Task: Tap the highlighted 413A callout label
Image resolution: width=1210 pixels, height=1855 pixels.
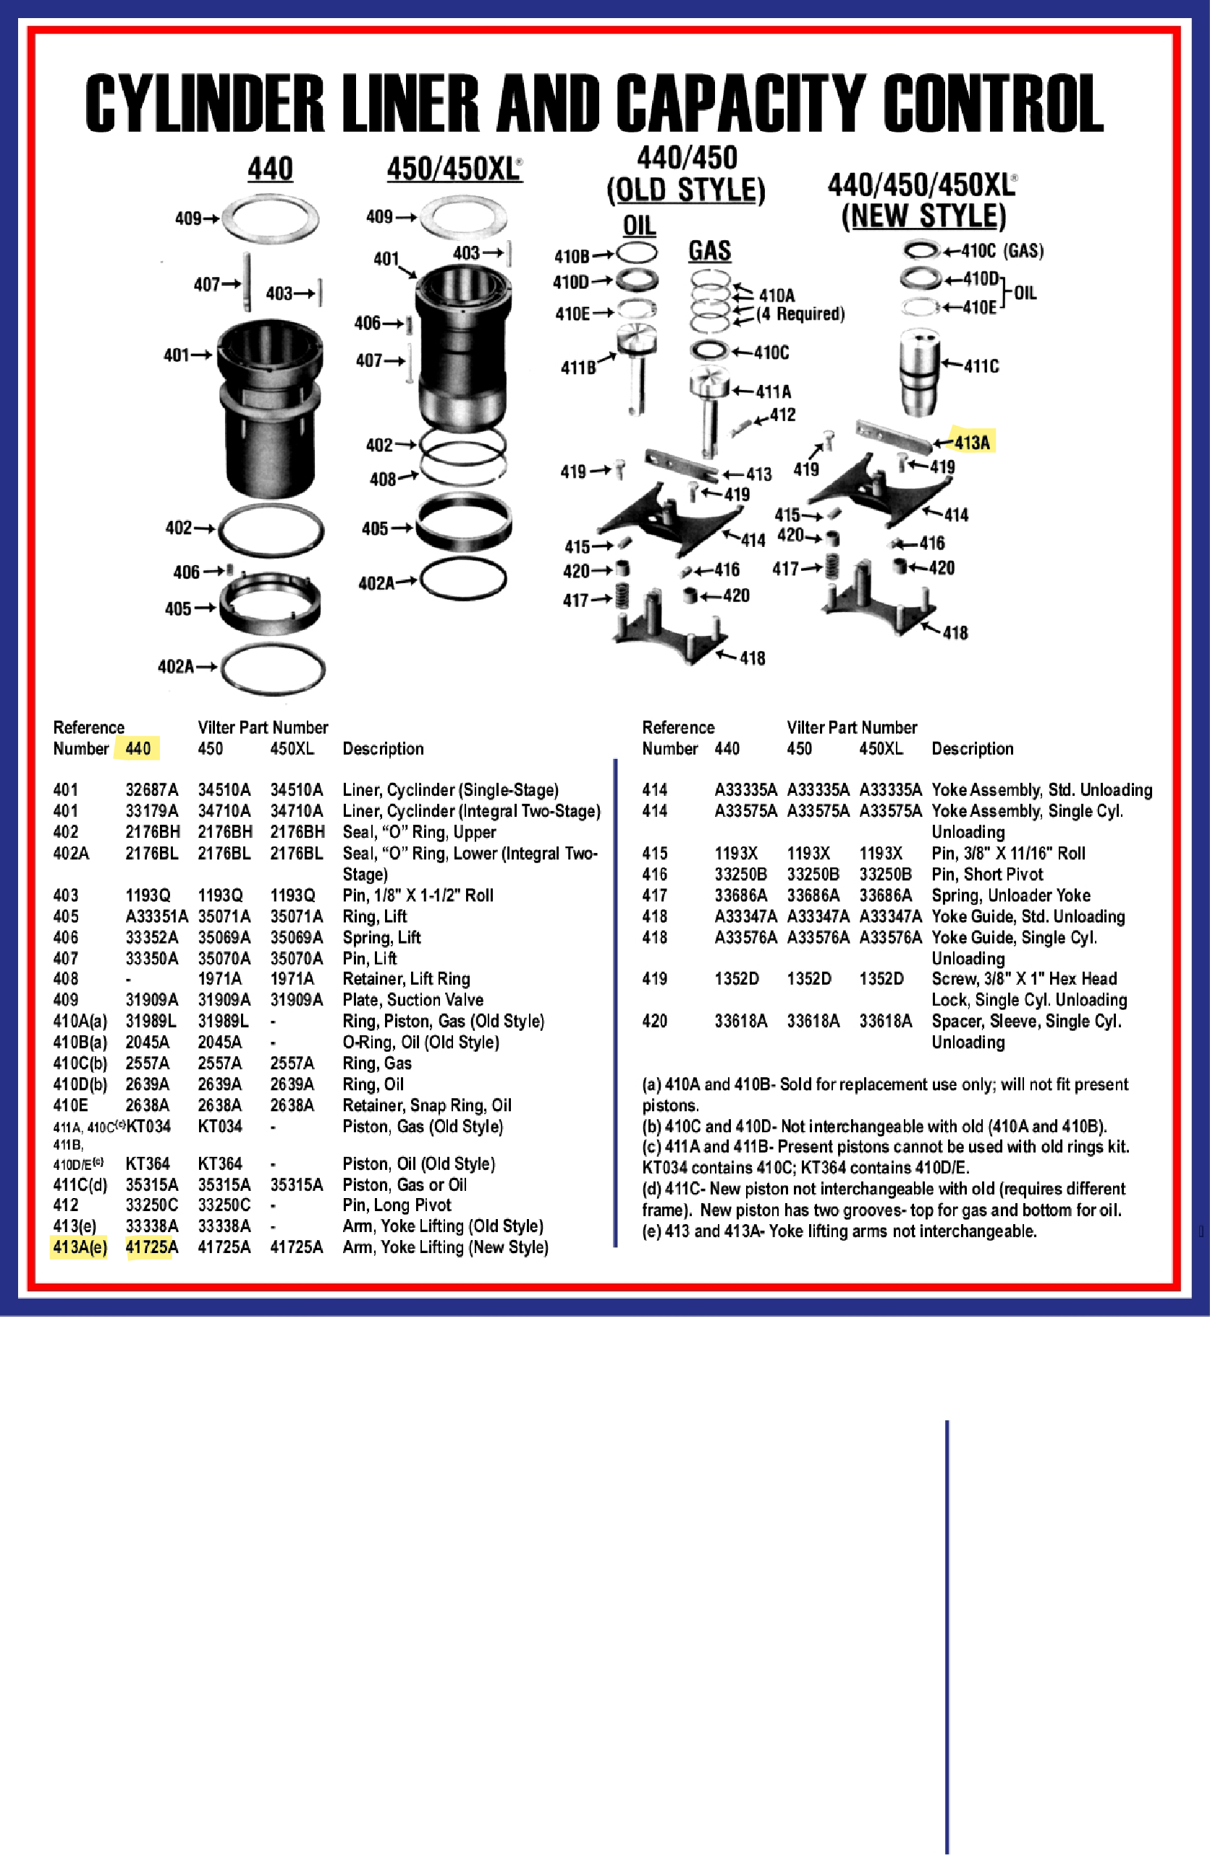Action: [x=971, y=443]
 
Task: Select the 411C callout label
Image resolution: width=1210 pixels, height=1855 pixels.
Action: [x=981, y=366]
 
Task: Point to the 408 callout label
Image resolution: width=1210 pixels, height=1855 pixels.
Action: [x=383, y=480]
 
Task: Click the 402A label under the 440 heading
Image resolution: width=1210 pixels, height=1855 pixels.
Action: [x=175, y=666]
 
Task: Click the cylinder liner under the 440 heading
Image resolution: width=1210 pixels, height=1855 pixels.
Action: [x=269, y=409]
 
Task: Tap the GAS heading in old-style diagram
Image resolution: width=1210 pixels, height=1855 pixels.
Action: [x=709, y=251]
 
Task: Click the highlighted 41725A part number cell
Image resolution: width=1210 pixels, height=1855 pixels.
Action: [x=151, y=1247]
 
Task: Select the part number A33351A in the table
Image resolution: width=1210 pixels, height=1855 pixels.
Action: [x=156, y=916]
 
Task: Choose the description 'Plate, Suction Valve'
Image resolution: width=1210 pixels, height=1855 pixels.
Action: [x=412, y=1000]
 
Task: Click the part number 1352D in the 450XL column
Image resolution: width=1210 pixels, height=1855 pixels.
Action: [x=881, y=979]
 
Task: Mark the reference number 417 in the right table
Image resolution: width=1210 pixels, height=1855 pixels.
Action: [x=654, y=896]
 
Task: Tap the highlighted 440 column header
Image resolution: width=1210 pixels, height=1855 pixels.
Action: [x=138, y=748]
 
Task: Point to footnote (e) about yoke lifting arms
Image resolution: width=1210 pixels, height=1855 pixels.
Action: [x=839, y=1231]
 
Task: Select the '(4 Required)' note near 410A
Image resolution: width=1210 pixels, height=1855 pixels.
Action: [x=800, y=314]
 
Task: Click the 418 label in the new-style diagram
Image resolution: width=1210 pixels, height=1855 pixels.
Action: [x=955, y=633]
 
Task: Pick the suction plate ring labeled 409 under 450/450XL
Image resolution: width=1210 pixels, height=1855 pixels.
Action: [x=463, y=218]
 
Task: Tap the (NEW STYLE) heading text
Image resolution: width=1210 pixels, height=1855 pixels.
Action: [x=923, y=216]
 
